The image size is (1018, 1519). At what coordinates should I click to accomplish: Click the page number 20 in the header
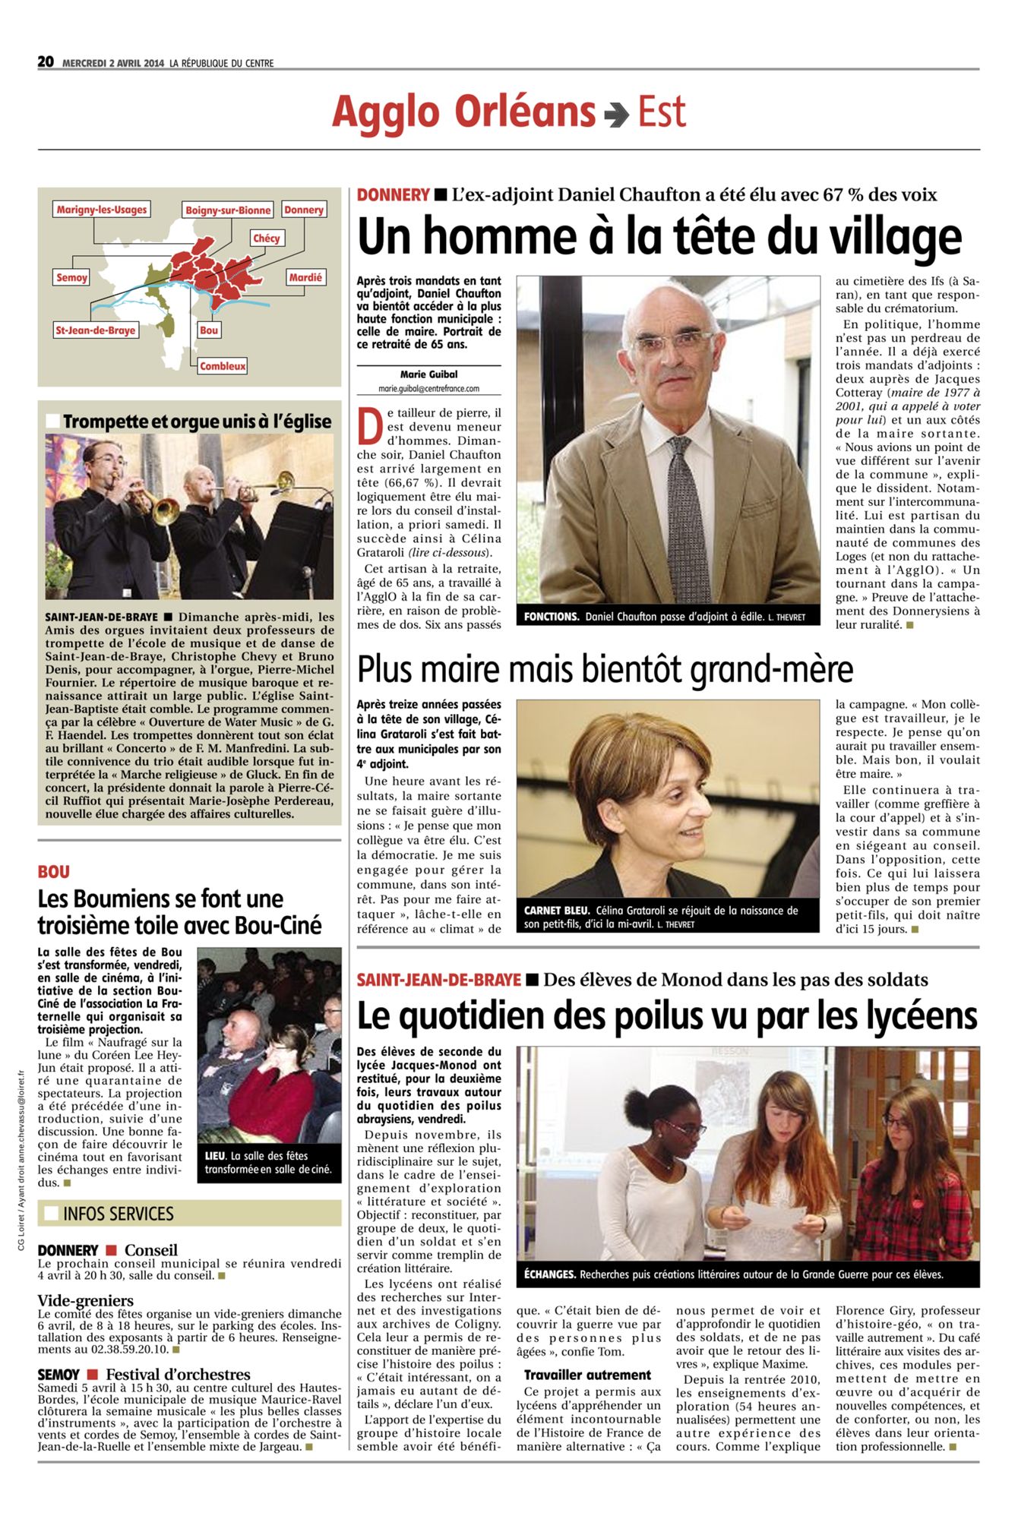click(x=46, y=62)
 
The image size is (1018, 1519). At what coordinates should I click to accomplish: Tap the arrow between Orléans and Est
click(x=616, y=114)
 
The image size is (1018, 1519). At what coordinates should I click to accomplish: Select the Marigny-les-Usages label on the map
click(x=102, y=210)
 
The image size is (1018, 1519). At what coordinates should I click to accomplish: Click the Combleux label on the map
click(x=223, y=366)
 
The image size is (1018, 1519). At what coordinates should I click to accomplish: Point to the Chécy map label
click(x=266, y=238)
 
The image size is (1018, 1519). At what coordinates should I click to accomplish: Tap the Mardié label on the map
click(x=305, y=278)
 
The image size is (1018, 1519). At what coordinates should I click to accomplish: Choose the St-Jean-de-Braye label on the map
click(x=96, y=330)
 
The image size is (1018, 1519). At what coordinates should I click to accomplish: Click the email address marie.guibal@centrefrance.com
click(x=428, y=388)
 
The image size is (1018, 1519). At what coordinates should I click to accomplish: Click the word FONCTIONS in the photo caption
click(x=552, y=617)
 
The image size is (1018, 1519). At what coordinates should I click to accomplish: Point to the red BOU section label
click(x=53, y=872)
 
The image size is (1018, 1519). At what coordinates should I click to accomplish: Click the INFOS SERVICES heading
click(x=119, y=1214)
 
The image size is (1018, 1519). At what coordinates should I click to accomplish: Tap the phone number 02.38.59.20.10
click(x=128, y=1350)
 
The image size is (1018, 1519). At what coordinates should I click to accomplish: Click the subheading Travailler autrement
click(x=587, y=1375)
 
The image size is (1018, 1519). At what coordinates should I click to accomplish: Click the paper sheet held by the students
click(x=773, y=1213)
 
